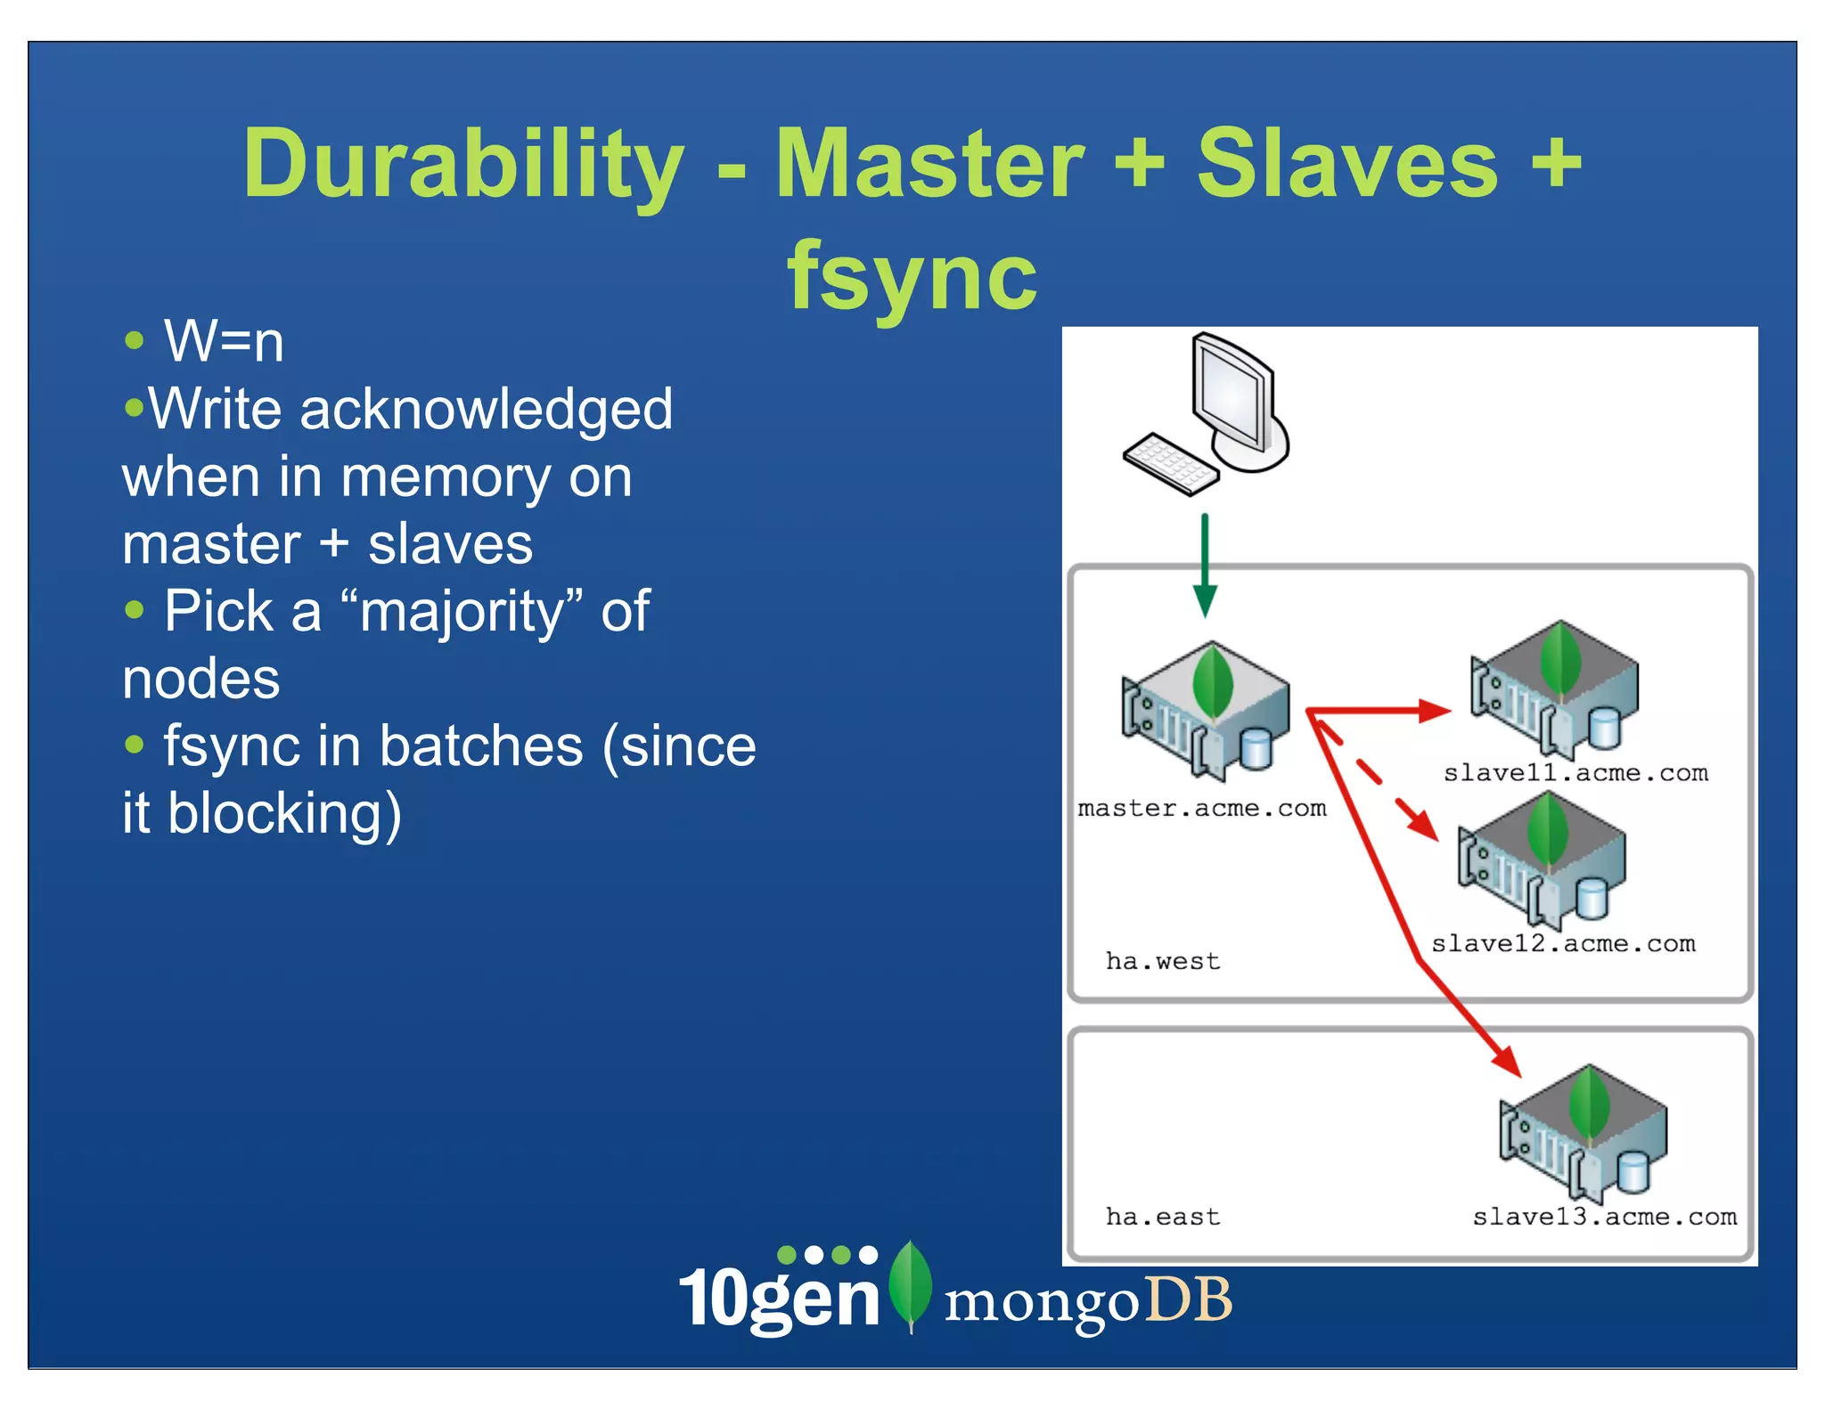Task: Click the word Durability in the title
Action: (463, 165)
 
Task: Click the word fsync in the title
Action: (912, 276)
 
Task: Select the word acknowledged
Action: (486, 410)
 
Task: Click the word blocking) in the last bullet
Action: (285, 813)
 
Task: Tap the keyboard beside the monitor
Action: (1169, 463)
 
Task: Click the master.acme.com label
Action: (1201, 809)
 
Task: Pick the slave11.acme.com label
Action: (1575, 773)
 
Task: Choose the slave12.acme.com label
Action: (1563, 944)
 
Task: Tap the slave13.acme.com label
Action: (1604, 1218)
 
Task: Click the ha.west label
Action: (1162, 962)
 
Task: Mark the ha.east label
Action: (1162, 1218)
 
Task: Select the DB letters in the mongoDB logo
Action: (1188, 1300)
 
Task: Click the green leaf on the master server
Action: (1213, 681)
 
